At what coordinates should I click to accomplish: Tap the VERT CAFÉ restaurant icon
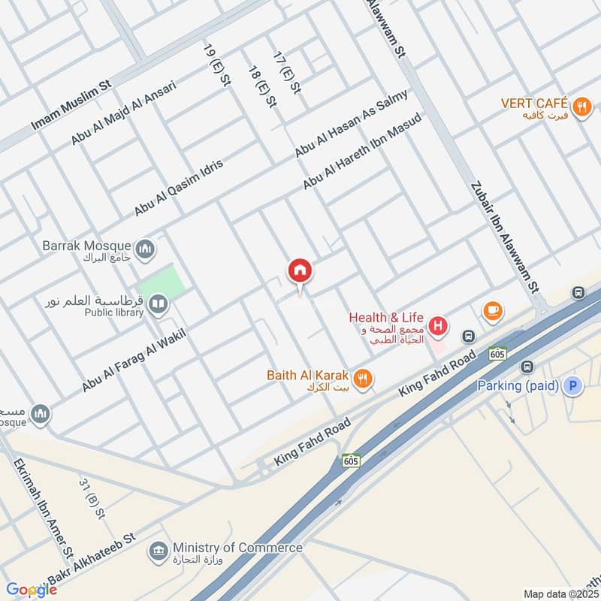tap(581, 107)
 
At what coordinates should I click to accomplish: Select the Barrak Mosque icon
tap(145, 247)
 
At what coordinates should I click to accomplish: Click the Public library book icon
tap(157, 304)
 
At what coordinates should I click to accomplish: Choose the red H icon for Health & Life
tap(439, 326)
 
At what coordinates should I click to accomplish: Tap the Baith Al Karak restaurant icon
tap(363, 379)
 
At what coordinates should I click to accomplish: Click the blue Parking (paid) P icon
tap(572, 386)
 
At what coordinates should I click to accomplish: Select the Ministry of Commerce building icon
tap(159, 551)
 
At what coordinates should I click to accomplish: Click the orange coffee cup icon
tap(493, 310)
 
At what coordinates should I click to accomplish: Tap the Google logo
tap(31, 589)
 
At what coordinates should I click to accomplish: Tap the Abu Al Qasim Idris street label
tap(179, 188)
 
